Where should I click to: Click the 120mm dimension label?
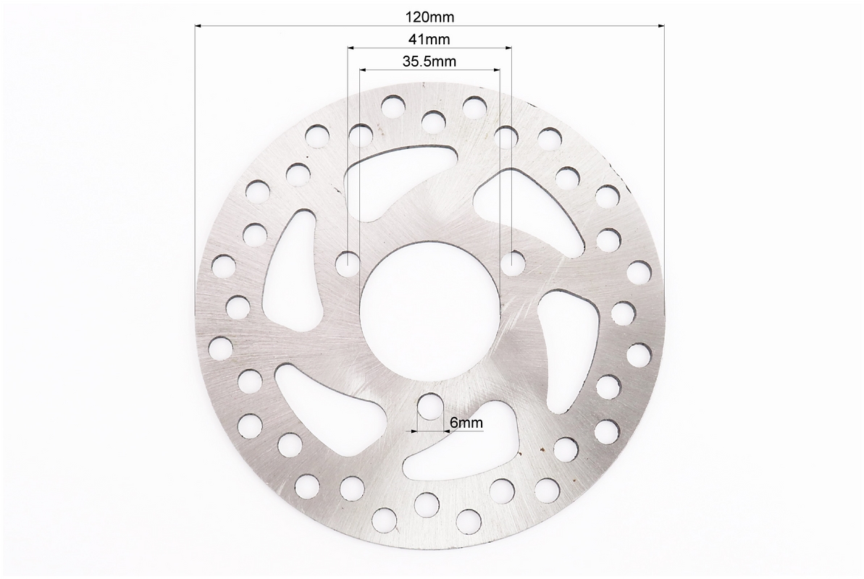click(x=429, y=17)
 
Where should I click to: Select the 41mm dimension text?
click(x=429, y=40)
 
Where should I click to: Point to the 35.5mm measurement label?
click(x=429, y=61)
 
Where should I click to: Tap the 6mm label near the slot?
click(x=466, y=423)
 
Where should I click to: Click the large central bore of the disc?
click(x=429, y=310)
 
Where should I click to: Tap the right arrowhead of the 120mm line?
click(x=660, y=25)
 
